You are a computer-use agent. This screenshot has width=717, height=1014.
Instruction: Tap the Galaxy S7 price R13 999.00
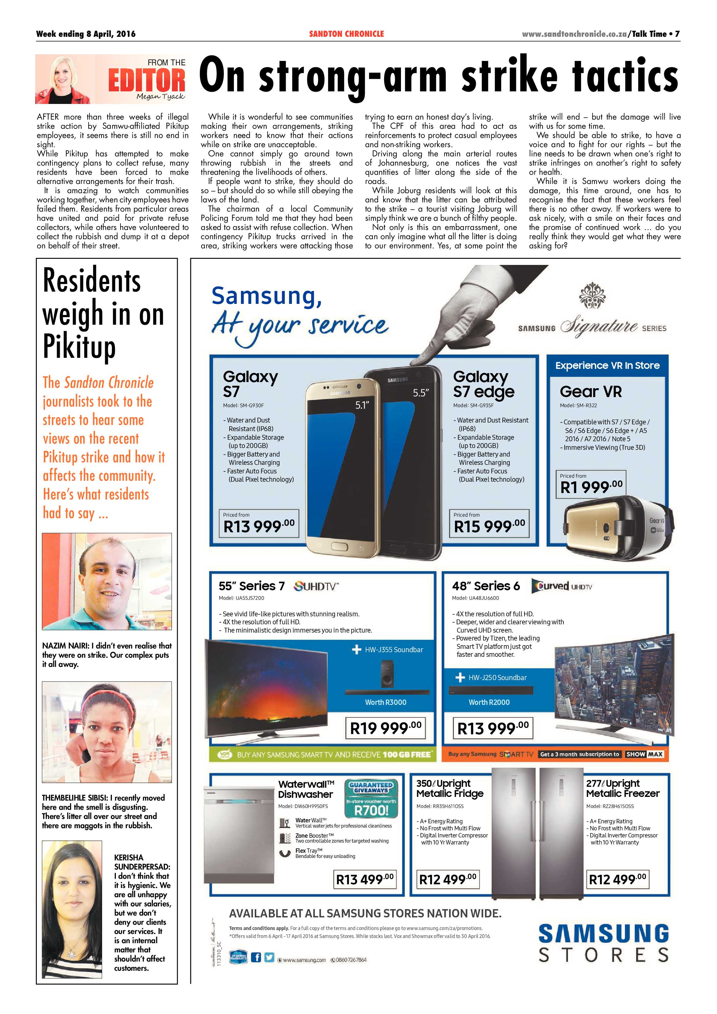pos(259,526)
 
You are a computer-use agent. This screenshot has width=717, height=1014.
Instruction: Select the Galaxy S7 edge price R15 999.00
pos(489,526)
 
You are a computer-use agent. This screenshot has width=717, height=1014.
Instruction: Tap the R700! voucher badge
pos(371,810)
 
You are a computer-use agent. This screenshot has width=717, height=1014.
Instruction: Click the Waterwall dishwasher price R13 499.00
pos(365,879)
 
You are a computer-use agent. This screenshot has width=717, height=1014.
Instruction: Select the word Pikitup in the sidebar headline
pos(79,347)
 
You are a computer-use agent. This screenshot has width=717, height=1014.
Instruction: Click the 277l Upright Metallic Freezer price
pos(617,879)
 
